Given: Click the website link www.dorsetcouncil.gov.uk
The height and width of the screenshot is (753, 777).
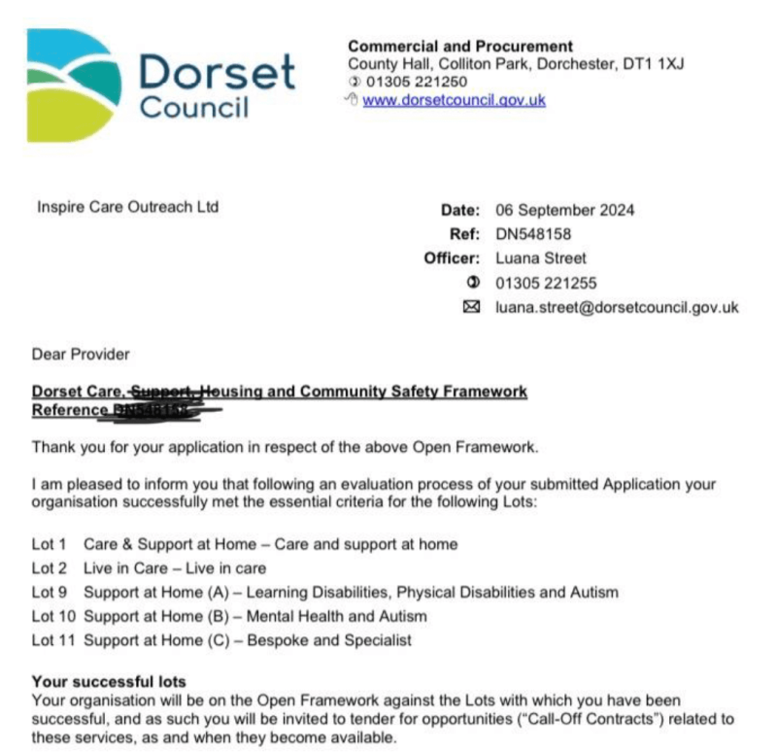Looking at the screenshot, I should click(x=454, y=100).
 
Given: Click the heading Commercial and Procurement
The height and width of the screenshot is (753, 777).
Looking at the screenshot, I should click(x=459, y=46).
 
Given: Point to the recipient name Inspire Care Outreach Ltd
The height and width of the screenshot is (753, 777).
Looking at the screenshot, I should click(x=127, y=207).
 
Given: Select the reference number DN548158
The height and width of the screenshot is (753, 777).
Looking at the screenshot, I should click(x=533, y=234).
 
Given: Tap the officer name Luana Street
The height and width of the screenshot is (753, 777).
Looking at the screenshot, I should click(x=541, y=258).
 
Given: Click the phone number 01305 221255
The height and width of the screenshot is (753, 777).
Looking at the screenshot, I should click(x=545, y=283).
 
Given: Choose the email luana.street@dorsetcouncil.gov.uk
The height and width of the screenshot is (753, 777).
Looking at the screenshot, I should click(x=617, y=307).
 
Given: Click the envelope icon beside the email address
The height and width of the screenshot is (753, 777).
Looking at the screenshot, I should click(x=474, y=307).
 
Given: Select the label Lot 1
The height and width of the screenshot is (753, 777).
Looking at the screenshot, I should click(x=49, y=544).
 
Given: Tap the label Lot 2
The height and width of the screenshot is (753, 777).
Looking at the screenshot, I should click(x=49, y=567).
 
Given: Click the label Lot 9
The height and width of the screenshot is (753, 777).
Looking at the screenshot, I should click(x=49, y=592).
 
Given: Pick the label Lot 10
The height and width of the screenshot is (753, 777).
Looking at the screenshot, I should click(x=52, y=616).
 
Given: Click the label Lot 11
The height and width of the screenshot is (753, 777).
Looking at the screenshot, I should click(x=52, y=640).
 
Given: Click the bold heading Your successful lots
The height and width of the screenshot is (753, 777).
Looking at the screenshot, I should click(x=109, y=681).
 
